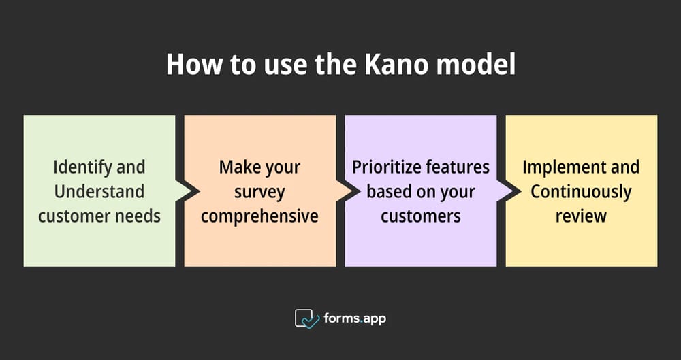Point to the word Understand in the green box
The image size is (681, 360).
(x=99, y=191)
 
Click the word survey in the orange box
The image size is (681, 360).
(x=259, y=191)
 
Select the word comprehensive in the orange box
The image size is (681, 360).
(x=259, y=216)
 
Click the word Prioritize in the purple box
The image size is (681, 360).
(x=384, y=167)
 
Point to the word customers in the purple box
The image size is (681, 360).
(x=421, y=216)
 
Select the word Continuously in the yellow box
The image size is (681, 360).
(x=581, y=191)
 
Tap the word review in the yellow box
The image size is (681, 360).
(x=581, y=216)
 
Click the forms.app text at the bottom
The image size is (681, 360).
(x=355, y=318)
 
